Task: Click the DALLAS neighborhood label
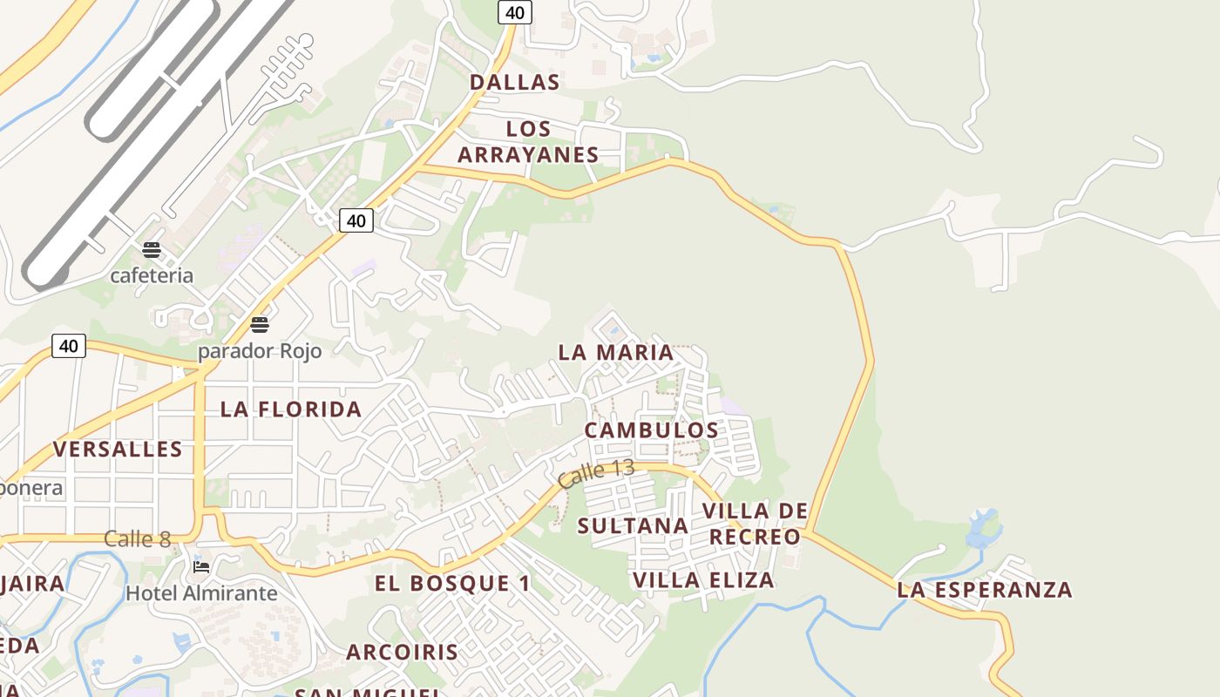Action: click(x=514, y=83)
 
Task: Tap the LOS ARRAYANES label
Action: click(x=528, y=142)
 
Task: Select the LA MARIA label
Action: click(x=616, y=353)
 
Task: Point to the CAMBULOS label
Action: click(x=652, y=430)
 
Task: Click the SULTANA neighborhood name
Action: click(x=633, y=526)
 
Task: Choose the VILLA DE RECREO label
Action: click(x=755, y=524)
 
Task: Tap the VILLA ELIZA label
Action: click(x=703, y=580)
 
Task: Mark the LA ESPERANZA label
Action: click(x=985, y=590)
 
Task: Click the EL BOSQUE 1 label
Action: click(x=452, y=584)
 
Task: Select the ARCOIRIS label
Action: click(x=402, y=652)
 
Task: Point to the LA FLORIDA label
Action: click(x=291, y=409)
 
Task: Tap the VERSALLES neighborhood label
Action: click(x=118, y=450)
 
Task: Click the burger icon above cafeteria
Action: click(x=152, y=251)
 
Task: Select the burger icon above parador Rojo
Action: click(x=260, y=326)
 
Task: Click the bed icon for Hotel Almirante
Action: click(x=201, y=567)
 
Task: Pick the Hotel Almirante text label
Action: click(x=201, y=594)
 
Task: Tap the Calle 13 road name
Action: click(x=596, y=474)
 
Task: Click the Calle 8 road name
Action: click(x=138, y=539)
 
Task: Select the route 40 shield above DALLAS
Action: click(x=515, y=12)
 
